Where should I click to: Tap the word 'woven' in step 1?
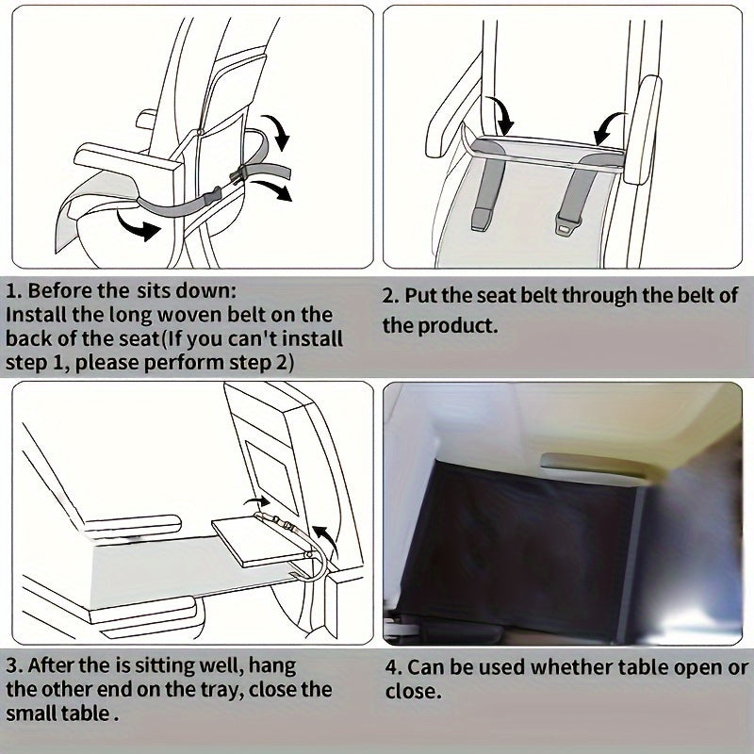(188, 315)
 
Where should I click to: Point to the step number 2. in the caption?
(391, 296)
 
